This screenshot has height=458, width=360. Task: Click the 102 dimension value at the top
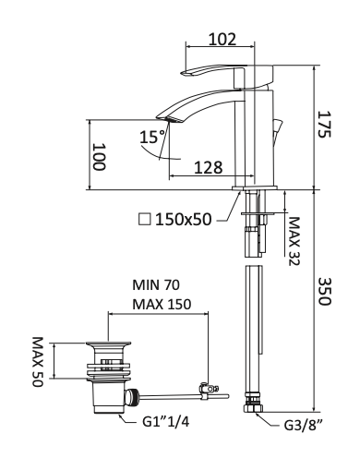click(222, 39)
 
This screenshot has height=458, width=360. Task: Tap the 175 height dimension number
click(324, 124)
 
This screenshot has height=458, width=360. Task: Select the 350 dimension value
click(324, 291)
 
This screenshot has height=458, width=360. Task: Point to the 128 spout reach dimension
click(209, 167)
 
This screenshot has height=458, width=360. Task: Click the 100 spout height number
click(100, 156)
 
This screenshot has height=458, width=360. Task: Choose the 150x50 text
click(184, 220)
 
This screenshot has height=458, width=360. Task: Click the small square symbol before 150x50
click(145, 219)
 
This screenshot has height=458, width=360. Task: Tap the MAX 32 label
click(294, 241)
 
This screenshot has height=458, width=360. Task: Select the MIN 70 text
click(156, 285)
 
